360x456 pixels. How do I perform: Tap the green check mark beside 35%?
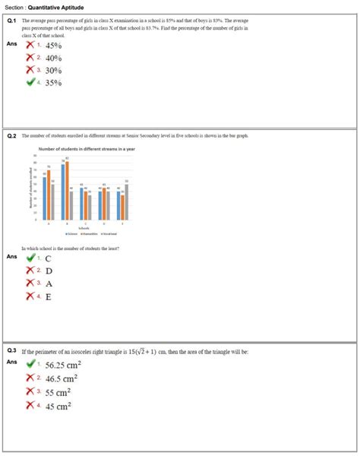(30, 82)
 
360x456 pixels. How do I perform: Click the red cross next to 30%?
(30, 70)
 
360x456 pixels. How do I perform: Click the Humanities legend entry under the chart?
(82, 234)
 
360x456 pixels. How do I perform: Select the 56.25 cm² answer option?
(64, 365)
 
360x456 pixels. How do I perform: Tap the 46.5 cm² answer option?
(62, 378)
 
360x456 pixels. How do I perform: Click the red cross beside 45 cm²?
(30, 405)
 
